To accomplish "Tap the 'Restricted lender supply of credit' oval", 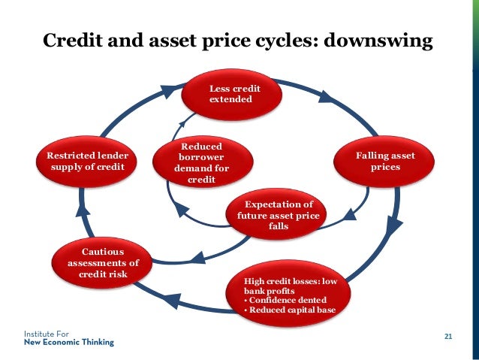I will pos(88,161).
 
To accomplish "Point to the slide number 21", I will pos(449,336).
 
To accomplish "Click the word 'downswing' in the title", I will pos(379,41).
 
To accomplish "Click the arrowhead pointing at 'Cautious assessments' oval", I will pos(196,258).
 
